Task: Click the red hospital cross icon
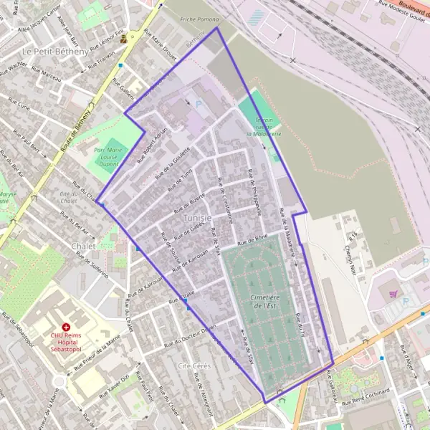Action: click(66, 326)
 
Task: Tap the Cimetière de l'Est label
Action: click(259, 302)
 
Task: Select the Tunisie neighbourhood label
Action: click(196, 217)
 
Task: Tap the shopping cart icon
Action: click(393, 294)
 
